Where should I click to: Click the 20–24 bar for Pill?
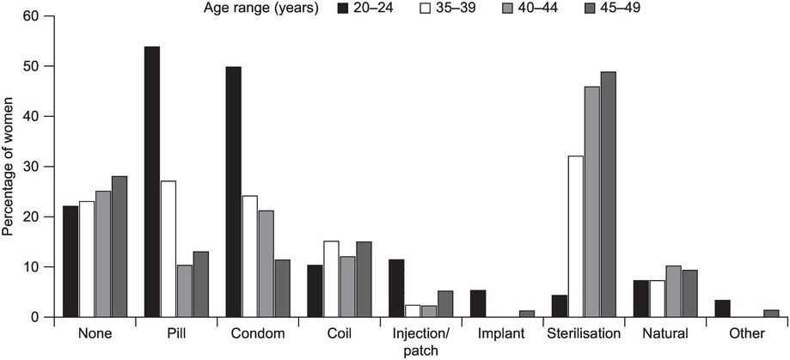coord(152,182)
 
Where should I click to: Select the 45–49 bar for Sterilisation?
coord(608,195)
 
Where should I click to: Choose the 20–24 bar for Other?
coord(722,309)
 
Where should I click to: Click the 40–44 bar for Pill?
coord(184,292)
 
